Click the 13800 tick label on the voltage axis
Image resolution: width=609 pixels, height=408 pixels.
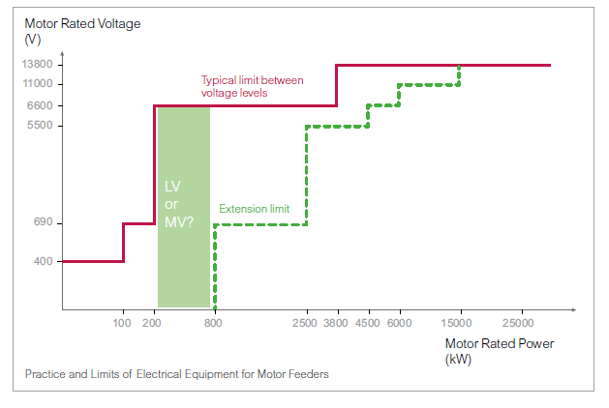(x=38, y=64)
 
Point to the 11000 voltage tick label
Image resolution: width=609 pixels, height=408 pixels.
(x=38, y=83)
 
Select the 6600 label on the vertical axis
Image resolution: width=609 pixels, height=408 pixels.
(x=40, y=105)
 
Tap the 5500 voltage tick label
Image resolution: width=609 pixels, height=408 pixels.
(x=40, y=125)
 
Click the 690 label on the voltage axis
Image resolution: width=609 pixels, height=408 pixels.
(x=44, y=221)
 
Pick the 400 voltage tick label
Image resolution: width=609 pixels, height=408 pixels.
(x=44, y=261)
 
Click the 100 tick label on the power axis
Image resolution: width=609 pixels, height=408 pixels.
(x=122, y=323)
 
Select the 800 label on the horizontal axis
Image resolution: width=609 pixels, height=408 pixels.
(x=213, y=323)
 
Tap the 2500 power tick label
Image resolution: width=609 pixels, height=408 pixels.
(x=304, y=323)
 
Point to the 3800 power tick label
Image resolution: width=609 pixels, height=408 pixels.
(x=336, y=323)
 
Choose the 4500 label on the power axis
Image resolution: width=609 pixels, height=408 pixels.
(x=367, y=323)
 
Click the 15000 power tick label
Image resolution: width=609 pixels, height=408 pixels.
(x=456, y=323)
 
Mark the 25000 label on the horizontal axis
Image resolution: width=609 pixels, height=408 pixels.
(x=518, y=323)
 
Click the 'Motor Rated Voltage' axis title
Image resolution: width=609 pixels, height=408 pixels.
(x=82, y=23)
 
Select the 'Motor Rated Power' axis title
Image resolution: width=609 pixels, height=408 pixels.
(x=500, y=343)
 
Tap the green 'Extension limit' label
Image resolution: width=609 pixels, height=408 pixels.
(x=254, y=209)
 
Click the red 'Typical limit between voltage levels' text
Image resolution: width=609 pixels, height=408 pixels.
(x=252, y=86)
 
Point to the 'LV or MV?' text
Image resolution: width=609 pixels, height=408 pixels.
(x=179, y=204)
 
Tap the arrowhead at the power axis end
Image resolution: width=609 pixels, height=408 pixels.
(x=573, y=309)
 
